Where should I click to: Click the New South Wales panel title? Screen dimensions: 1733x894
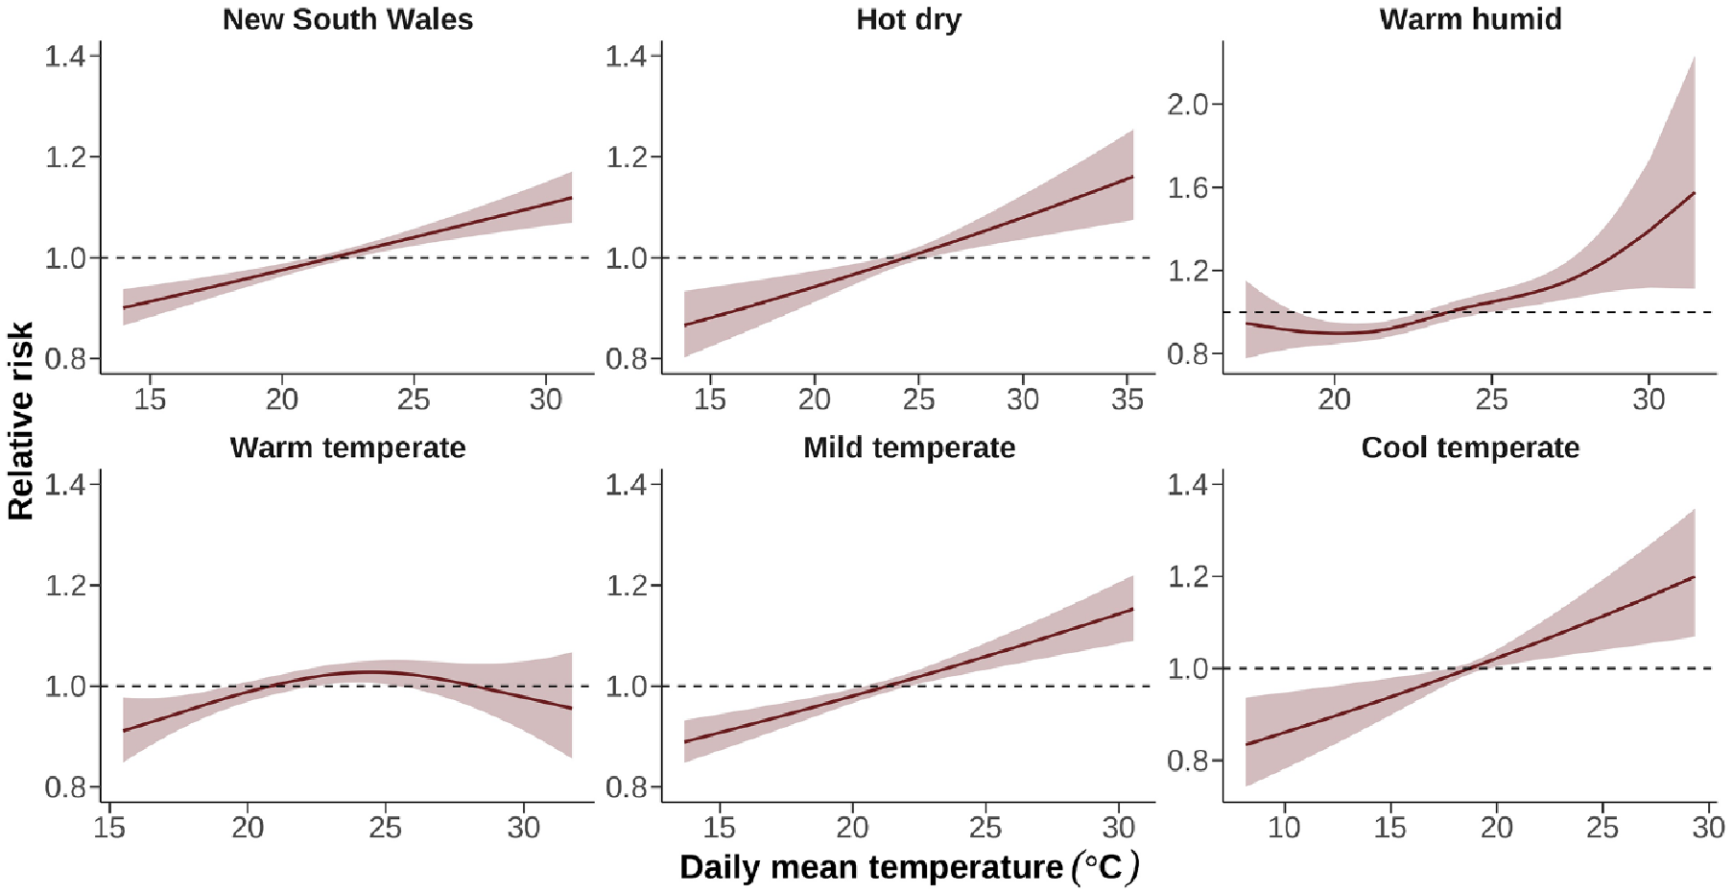pyautogui.click(x=347, y=19)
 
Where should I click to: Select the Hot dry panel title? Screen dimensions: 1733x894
pyautogui.click(x=908, y=19)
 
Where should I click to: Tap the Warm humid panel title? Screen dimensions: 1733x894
pyautogui.click(x=1470, y=19)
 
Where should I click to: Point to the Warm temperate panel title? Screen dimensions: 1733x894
pyautogui.click(x=347, y=447)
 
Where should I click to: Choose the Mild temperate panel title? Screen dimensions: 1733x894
pyautogui.click(x=909, y=447)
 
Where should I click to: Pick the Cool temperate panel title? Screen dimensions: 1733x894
pyautogui.click(x=1470, y=447)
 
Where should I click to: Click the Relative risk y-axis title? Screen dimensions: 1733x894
pyautogui.click(x=20, y=421)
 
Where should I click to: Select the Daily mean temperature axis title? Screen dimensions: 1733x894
pyautogui.click(x=909, y=867)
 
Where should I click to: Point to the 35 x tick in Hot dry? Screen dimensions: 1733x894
pyautogui.click(x=1127, y=399)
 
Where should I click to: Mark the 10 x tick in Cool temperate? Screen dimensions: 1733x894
pyautogui.click(x=1284, y=827)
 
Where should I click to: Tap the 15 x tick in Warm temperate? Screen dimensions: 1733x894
pyautogui.click(x=109, y=827)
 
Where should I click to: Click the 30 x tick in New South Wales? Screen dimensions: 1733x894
pyautogui.click(x=546, y=399)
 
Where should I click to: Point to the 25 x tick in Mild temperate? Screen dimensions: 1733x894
pyautogui.click(x=985, y=827)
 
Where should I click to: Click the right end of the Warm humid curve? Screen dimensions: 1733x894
pyautogui.click(x=1695, y=193)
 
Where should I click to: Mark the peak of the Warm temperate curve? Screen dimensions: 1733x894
pyautogui.click(x=374, y=672)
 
